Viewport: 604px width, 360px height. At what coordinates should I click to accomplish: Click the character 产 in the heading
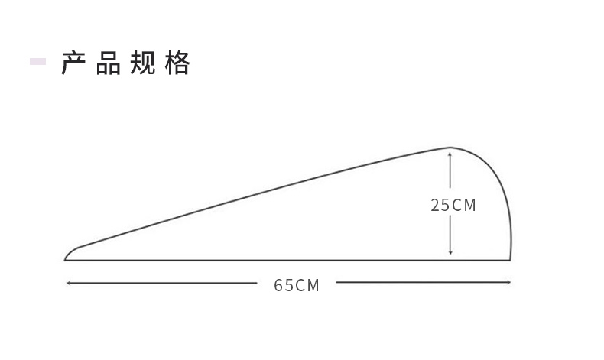click(74, 63)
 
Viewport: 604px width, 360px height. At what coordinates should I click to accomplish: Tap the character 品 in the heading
click(109, 63)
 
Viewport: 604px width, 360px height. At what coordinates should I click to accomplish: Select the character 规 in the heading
click(143, 63)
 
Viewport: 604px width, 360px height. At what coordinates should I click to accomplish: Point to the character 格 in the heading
click(177, 63)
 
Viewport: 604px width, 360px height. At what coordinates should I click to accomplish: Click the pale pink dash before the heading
click(37, 62)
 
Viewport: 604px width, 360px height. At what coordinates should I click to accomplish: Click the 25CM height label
click(453, 205)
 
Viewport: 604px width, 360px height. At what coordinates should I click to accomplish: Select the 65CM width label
click(297, 285)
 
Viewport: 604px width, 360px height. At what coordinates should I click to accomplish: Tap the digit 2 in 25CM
click(435, 205)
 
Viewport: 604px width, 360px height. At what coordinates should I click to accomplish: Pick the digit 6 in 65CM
click(279, 285)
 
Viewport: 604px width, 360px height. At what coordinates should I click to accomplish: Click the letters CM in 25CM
click(464, 205)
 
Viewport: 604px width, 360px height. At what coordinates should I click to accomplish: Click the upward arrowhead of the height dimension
click(450, 154)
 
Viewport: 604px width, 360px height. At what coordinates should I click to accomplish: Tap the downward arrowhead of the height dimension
click(450, 252)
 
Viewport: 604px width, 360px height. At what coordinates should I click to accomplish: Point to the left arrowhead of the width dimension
click(68, 283)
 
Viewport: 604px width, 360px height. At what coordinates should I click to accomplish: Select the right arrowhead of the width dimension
click(508, 283)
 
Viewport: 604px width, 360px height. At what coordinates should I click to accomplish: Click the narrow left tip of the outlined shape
click(66, 259)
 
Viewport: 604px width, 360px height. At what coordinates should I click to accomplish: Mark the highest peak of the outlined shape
click(450, 147)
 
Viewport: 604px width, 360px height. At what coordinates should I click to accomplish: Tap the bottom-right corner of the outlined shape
click(510, 260)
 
